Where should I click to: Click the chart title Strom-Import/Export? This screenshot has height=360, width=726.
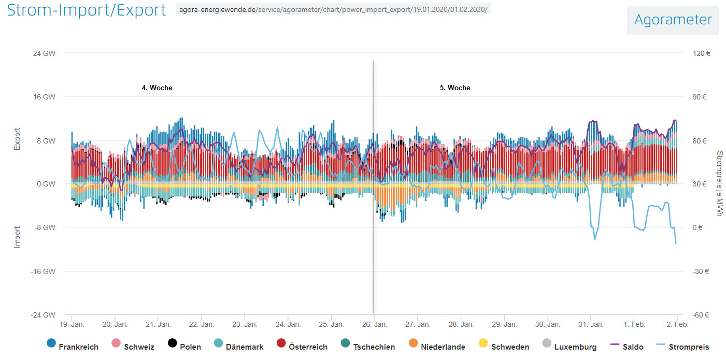pyautogui.click(x=86, y=10)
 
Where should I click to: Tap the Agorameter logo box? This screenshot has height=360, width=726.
pyautogui.click(x=673, y=20)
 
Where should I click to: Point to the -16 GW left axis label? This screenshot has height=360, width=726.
pyautogui.click(x=45, y=271)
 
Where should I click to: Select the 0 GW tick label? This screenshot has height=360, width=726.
pyautogui.click(x=47, y=184)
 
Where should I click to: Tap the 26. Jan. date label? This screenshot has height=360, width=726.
pyautogui.click(x=374, y=325)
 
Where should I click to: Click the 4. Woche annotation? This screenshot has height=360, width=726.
pyautogui.click(x=157, y=88)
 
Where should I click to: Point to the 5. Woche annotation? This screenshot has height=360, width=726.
pyautogui.click(x=455, y=88)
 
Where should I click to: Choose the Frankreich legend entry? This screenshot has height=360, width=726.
pyautogui.click(x=73, y=347)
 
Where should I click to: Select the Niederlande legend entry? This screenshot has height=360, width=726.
pyautogui.click(x=436, y=347)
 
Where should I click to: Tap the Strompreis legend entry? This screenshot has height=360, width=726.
pyautogui.click(x=682, y=347)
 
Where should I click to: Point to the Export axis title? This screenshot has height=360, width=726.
pyautogui.click(x=17, y=139)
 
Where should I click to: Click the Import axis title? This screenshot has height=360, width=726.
pyautogui.click(x=17, y=237)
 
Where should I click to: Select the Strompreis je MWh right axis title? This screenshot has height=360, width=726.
pyautogui.click(x=719, y=184)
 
